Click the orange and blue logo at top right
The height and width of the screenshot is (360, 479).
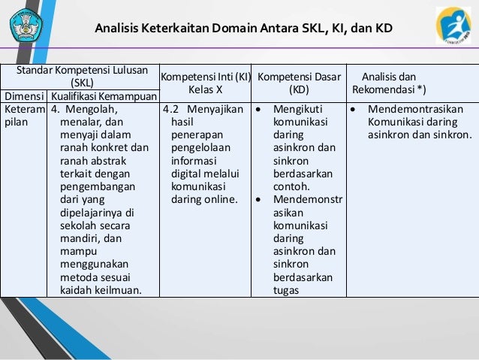click(x=453, y=26)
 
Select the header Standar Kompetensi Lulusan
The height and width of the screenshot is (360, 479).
click(x=83, y=70)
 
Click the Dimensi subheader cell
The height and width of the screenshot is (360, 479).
click(x=24, y=96)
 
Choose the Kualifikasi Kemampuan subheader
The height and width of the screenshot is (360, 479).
click(x=104, y=96)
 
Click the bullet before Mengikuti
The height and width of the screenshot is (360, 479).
click(x=258, y=109)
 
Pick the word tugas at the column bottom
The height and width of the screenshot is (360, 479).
click(x=287, y=291)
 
